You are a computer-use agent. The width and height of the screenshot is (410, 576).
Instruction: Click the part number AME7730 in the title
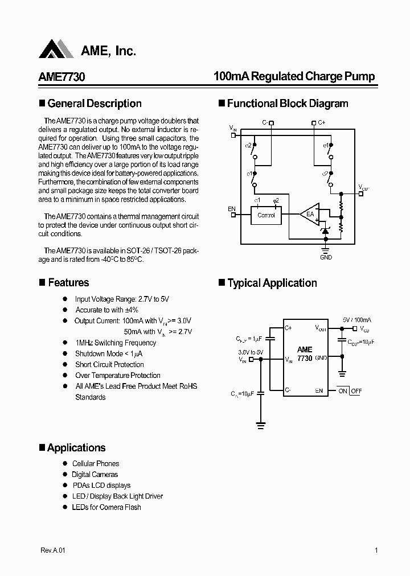coord(61,77)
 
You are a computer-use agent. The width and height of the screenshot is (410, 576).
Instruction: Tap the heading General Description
coord(95,104)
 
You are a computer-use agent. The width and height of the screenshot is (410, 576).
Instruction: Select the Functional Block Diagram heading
coord(288,104)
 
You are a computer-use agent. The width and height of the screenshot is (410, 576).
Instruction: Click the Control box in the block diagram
coord(266,215)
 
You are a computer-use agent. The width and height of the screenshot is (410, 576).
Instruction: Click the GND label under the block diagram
coord(326,257)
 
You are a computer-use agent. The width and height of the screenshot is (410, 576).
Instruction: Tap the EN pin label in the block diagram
coord(232,209)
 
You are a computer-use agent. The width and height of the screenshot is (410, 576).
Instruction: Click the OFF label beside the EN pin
coord(356,391)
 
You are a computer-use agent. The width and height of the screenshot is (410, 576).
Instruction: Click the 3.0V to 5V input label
coord(251,352)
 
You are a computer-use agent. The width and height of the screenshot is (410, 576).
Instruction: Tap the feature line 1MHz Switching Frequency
coord(116,343)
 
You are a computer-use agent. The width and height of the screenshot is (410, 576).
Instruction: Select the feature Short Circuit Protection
coord(110,364)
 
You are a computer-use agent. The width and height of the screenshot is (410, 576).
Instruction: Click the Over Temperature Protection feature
coord(118,375)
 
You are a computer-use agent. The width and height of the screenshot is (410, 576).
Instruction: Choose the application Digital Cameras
coord(95,474)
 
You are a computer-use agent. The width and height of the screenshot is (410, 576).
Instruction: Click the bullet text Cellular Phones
coord(96,463)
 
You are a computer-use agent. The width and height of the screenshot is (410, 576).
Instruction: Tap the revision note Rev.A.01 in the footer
coord(54,550)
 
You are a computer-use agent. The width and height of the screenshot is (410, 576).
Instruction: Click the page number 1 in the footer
coord(376,550)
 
